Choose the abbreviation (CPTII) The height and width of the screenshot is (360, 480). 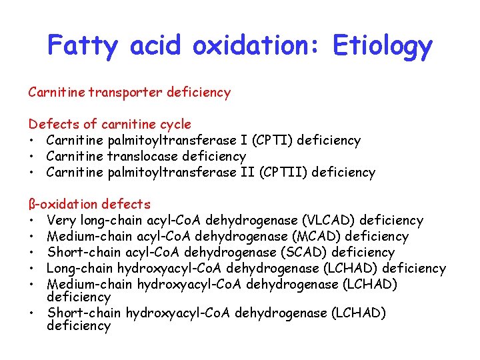(276, 172)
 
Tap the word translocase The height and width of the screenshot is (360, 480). (140, 156)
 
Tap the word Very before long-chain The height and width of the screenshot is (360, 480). (62, 220)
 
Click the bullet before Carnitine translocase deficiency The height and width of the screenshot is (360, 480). (32, 156)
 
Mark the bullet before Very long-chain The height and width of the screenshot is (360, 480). (32, 220)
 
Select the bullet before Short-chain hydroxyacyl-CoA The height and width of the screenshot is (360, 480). (32, 313)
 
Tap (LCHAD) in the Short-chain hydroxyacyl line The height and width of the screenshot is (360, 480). (358, 313)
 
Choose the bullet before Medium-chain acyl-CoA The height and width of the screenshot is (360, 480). (32, 236)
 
